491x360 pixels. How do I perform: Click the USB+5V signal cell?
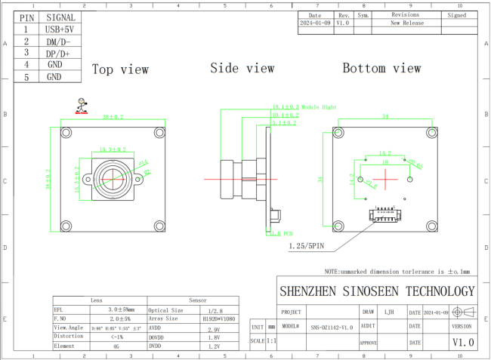pyautogui.click(x=60, y=29)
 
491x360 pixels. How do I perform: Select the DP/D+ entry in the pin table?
pyautogui.click(x=60, y=54)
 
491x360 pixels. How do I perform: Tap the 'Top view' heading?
pyautogui.click(x=120, y=69)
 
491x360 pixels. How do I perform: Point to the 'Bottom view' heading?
pyautogui.click(x=381, y=68)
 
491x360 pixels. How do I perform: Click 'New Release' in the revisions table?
pyautogui.click(x=406, y=23)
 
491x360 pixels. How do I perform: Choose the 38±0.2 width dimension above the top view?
pyautogui.click(x=113, y=117)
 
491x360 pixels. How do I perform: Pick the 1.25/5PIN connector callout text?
pyautogui.click(x=307, y=246)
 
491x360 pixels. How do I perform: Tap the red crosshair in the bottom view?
pyautogui.click(x=386, y=179)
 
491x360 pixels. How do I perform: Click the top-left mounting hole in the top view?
pyautogui.click(x=66, y=133)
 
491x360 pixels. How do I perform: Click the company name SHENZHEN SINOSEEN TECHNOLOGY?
pyautogui.click(x=377, y=291)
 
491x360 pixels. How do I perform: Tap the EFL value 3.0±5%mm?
pyautogui.click(x=121, y=309)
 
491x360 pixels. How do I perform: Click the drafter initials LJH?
pyautogui.click(x=389, y=311)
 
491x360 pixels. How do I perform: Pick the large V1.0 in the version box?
pyautogui.click(x=463, y=342)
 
